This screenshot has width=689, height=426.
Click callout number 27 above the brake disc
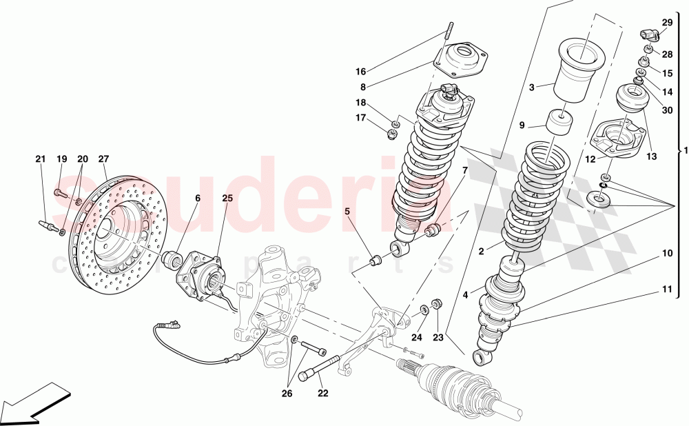tap(104, 159)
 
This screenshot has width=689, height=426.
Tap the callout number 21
tap(40, 159)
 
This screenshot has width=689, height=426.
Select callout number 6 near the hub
tap(197, 198)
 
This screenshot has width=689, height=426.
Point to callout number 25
tap(228, 198)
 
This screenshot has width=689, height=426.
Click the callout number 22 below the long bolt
tap(323, 394)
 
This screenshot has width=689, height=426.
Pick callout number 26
tap(287, 394)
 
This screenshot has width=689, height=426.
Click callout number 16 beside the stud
tap(361, 71)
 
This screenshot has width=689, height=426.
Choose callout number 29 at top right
tap(667, 23)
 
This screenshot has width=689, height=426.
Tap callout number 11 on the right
tap(667, 290)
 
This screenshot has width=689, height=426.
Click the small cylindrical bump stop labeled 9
tap(561, 123)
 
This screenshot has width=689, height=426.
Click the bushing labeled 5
tap(377, 261)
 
